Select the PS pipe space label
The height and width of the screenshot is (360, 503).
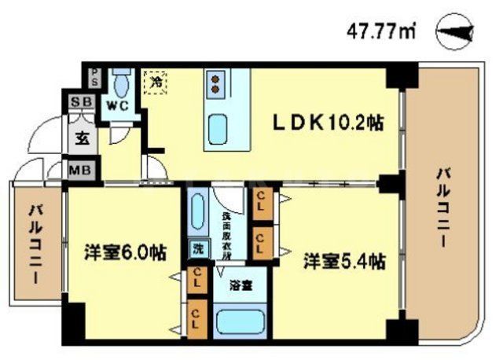click(x=94, y=77)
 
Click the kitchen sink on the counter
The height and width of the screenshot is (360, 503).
click(x=218, y=127)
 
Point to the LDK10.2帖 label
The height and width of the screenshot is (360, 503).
click(x=327, y=122)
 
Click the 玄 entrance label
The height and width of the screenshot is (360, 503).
click(x=81, y=139)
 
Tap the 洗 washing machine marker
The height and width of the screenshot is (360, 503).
click(x=196, y=251)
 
